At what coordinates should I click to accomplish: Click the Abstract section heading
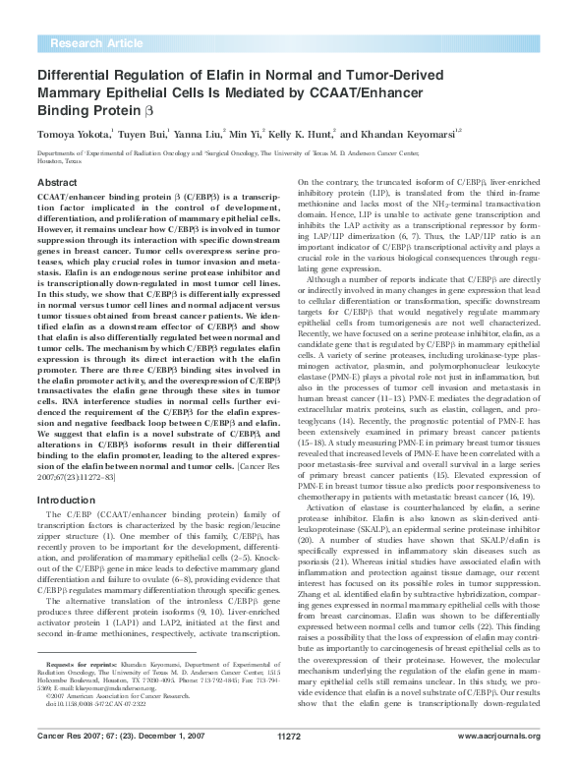coord(58,183)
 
